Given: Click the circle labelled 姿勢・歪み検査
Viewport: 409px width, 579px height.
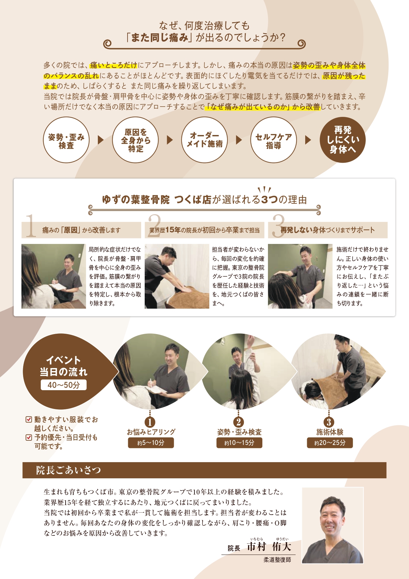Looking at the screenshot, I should tap(66, 140).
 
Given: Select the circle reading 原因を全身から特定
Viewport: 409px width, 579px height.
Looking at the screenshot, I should tap(135, 140).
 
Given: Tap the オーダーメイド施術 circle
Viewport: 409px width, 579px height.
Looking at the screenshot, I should tap(204, 140).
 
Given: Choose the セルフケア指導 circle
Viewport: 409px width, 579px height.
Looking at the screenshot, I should tap(274, 140).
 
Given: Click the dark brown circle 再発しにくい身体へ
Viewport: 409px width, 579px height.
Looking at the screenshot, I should tap(343, 140).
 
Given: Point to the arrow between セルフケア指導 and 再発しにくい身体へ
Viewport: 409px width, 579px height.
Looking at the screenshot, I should tap(308, 140).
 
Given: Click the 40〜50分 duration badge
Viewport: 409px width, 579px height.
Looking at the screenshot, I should tap(64, 385).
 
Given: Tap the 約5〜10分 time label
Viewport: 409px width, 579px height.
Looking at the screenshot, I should tap(151, 443).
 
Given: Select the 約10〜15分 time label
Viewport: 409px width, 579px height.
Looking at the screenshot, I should tap(239, 443).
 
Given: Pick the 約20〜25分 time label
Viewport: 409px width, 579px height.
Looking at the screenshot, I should tap(330, 443).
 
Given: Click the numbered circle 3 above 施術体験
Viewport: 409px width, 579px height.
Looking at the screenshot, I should tap(329, 422).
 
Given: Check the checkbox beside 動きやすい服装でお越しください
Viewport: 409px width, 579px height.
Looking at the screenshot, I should tap(29, 420).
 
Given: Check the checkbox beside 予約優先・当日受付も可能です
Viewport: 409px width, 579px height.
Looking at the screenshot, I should tap(29, 438).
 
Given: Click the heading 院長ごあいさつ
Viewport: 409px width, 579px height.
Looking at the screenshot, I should tap(68, 470).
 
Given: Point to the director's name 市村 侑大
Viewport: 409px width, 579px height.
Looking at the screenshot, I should tap(269, 547).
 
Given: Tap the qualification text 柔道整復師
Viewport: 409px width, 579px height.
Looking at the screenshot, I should tap(277, 560).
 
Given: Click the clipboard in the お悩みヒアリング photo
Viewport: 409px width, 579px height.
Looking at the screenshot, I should tap(156, 390).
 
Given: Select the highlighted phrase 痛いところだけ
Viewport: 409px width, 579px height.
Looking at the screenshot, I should tap(113, 65).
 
